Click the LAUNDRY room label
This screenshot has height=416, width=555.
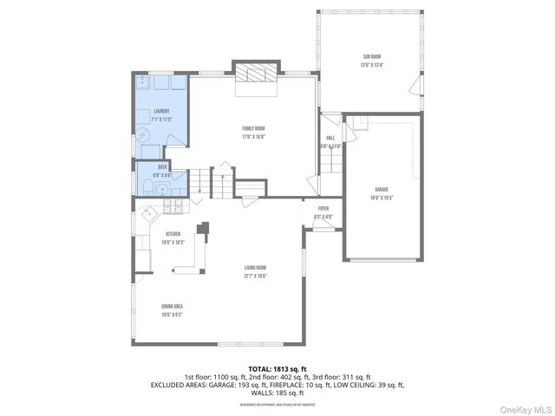pos(162,111)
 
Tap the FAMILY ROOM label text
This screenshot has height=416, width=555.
pos(253,129)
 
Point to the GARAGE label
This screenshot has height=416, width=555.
pos(382,189)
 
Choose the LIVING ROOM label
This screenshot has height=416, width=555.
pos(255,268)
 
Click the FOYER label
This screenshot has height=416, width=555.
pos(323,209)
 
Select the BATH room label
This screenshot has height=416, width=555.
pos(162,167)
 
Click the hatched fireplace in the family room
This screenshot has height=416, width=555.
pos(257,74)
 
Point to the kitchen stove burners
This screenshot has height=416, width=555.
pos(174,208)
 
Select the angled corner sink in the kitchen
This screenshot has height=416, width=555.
pos(147,211)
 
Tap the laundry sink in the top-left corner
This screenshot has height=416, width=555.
pos(144,83)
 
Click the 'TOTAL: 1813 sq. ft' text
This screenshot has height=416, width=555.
pos(277,368)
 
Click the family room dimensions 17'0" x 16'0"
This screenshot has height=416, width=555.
pos(253,137)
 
